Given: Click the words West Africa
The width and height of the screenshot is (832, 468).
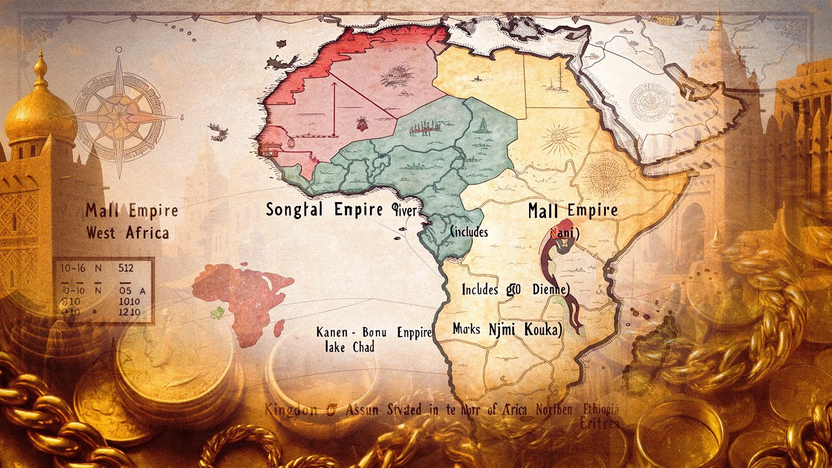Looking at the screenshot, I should pyautogui.click(x=127, y=233).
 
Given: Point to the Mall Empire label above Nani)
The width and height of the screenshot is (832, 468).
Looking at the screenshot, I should pyautogui.click(x=572, y=211).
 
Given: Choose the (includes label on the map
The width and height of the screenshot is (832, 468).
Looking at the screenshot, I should pyautogui.click(x=469, y=231).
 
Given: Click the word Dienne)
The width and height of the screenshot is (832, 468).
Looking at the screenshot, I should pyautogui.click(x=549, y=289).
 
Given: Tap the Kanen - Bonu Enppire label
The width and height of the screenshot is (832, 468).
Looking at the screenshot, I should pyautogui.click(x=374, y=332).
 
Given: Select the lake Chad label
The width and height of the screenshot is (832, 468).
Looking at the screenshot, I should pyautogui.click(x=349, y=348).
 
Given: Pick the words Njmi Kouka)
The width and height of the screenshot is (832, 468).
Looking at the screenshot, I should pyautogui.click(x=525, y=330).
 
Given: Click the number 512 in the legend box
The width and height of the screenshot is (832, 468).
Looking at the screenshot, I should pyautogui.click(x=126, y=267).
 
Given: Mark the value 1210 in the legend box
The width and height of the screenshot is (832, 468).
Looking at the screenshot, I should pyautogui.click(x=131, y=313).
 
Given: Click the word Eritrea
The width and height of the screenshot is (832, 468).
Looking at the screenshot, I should pyautogui.click(x=599, y=422).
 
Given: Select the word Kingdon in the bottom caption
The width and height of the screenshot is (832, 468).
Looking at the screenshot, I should pyautogui.click(x=291, y=409).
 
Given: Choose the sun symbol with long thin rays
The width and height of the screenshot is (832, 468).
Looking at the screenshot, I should pyautogui.click(x=558, y=138).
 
